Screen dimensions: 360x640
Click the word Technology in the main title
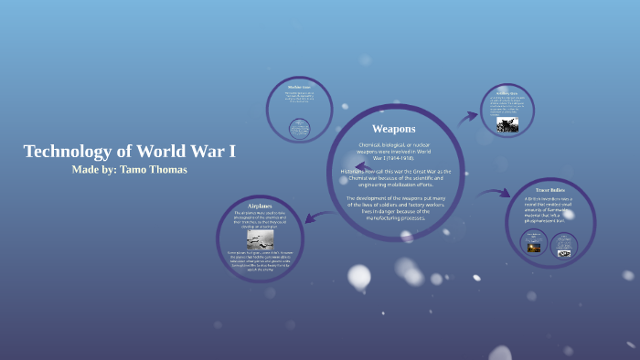tap(65, 152)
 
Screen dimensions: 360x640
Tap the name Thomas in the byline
tap(165, 170)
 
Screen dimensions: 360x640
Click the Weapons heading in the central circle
tap(394, 129)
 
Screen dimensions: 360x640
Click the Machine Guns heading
tap(300, 87)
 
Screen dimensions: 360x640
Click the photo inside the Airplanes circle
tap(260, 239)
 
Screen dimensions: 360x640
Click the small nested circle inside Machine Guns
tap(299, 128)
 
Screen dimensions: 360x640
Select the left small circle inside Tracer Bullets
tap(534, 242)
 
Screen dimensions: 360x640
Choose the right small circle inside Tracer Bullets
tap(563, 244)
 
